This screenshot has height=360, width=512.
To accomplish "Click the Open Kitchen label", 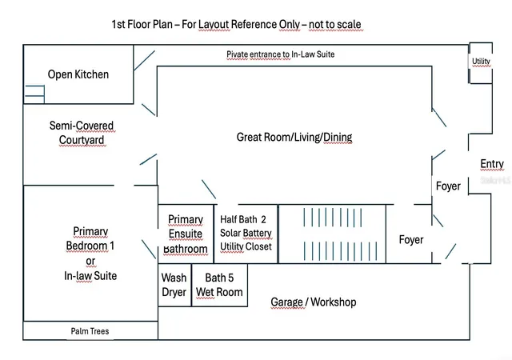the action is [x=78, y=74].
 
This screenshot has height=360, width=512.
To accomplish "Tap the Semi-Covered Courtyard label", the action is [x=82, y=133].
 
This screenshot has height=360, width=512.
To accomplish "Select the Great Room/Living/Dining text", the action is [x=294, y=137].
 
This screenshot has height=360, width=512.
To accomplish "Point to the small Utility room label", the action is [x=481, y=61].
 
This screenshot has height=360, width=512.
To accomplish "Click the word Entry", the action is [x=492, y=164].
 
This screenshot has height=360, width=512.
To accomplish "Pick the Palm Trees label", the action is [x=90, y=331].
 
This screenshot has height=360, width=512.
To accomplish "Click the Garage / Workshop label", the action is [x=313, y=302].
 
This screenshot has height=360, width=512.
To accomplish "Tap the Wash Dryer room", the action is [x=174, y=285].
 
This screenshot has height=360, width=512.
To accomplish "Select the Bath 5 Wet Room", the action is [x=219, y=285].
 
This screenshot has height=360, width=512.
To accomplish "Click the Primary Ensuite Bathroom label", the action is [x=185, y=234].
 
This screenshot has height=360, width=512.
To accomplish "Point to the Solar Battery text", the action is [x=246, y=233].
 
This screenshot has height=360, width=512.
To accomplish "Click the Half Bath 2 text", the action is [x=243, y=219].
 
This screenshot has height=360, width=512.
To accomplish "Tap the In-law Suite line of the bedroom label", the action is [x=90, y=276].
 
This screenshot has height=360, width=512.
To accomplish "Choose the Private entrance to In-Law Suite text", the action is [x=281, y=54].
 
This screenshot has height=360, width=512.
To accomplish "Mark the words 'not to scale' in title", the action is [x=334, y=24].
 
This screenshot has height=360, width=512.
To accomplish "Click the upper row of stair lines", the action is [x=333, y=218].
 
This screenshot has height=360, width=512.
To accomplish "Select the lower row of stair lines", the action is [x=340, y=251].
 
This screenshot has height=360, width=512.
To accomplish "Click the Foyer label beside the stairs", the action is [x=411, y=240].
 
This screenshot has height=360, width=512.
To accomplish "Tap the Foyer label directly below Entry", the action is [x=448, y=186].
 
